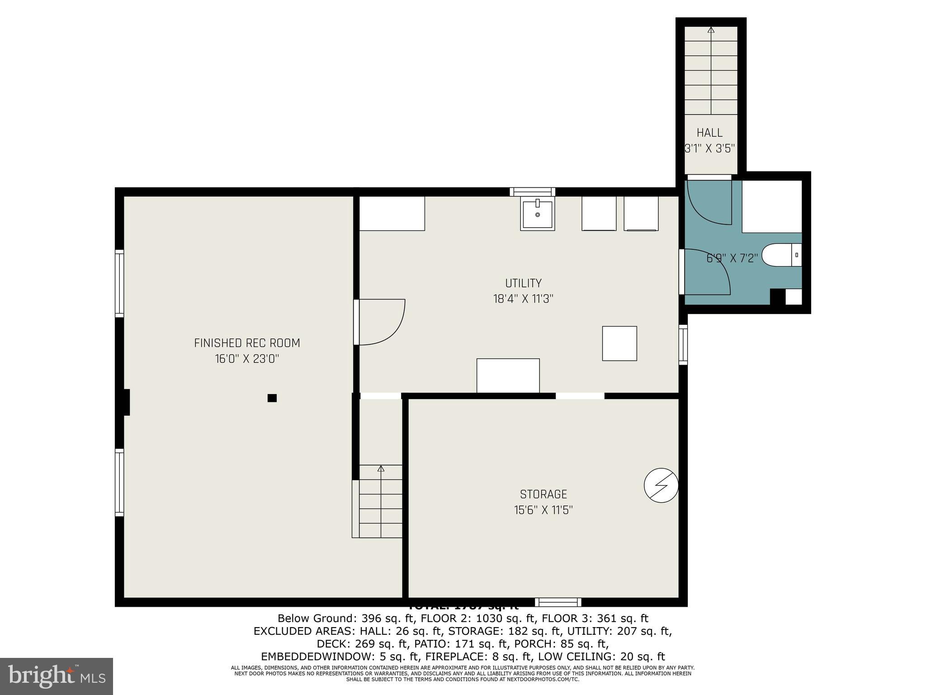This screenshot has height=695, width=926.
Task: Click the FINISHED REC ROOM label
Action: point(247,343)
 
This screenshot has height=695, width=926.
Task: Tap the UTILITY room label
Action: point(523,283)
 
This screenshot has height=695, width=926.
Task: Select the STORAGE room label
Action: point(543,494)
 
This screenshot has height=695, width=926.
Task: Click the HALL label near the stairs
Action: point(709,133)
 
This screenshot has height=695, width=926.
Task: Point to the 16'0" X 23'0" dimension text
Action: point(247,359)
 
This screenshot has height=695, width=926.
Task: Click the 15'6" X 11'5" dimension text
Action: point(543,510)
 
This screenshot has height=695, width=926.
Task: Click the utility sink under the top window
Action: point(537,214)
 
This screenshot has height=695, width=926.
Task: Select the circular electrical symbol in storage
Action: point(661,485)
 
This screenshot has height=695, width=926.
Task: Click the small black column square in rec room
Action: point(272,398)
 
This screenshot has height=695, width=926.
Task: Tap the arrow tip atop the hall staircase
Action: point(711,30)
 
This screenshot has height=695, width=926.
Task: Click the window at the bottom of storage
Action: point(558,602)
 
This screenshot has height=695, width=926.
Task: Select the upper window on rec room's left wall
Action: point(119,283)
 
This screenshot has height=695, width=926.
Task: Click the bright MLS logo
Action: point(56,676)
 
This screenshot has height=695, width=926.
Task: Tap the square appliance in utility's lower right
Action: point(619,343)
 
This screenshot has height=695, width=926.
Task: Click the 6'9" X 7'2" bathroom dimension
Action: point(732,258)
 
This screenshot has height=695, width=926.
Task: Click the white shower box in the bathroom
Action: point(772,206)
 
